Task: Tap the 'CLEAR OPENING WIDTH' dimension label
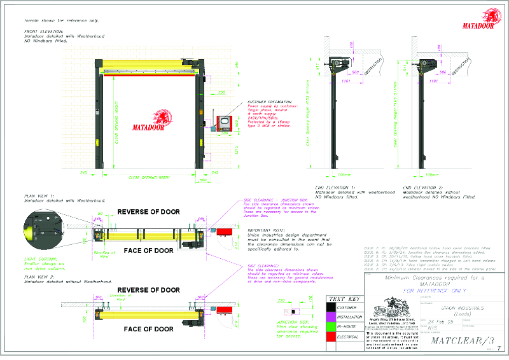click(150, 177)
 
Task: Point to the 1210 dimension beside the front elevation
click(220, 150)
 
